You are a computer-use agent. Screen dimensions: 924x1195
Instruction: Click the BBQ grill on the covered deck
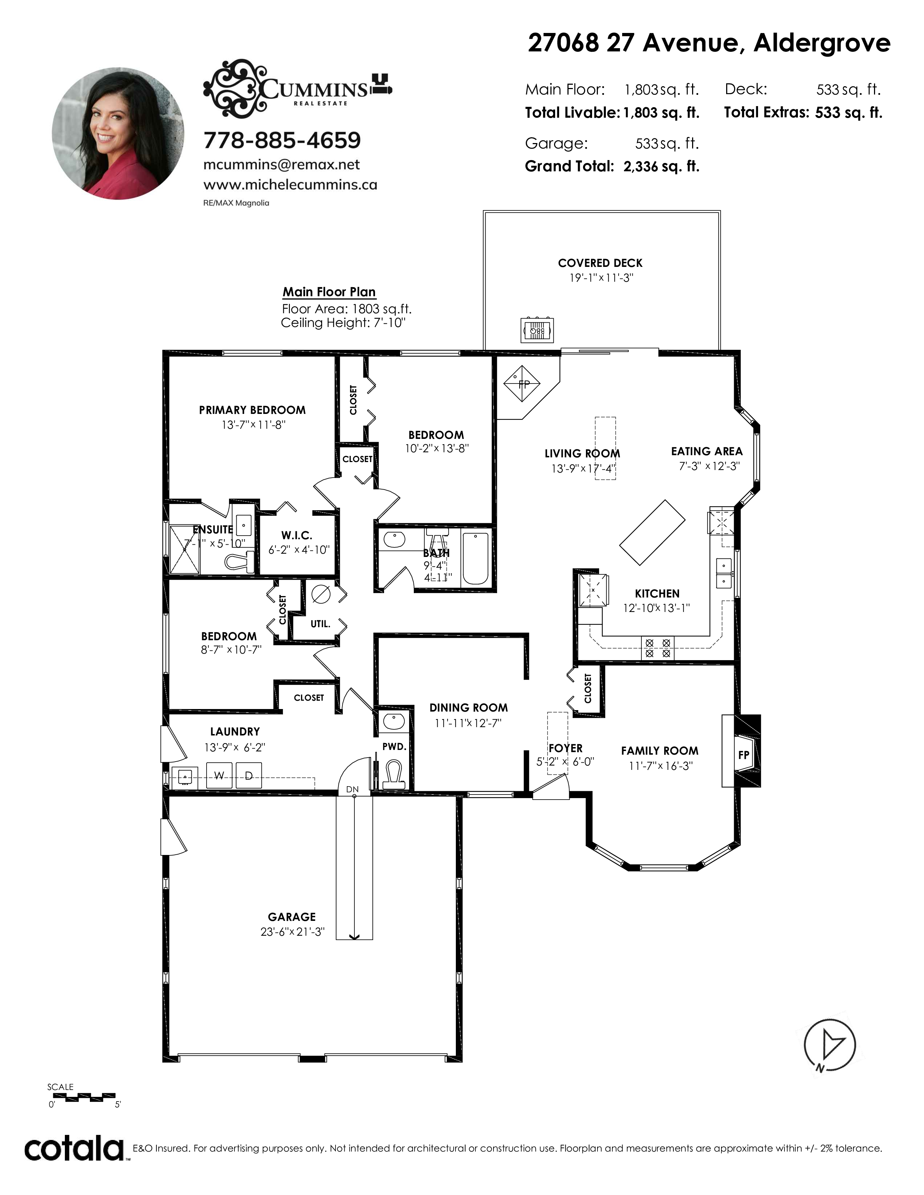(536, 330)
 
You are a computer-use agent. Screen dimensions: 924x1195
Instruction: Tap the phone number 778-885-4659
(282, 141)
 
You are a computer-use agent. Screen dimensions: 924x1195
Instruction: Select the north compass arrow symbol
(829, 1046)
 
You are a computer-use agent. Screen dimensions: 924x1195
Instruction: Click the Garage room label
(292, 917)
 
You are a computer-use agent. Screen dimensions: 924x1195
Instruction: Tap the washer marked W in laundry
(219, 775)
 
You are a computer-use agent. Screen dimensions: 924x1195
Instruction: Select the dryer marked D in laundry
(249, 775)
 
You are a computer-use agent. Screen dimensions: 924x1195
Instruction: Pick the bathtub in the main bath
(476, 558)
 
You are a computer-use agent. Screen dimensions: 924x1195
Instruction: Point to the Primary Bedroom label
(252, 410)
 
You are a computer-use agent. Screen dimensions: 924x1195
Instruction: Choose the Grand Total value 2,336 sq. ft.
(661, 166)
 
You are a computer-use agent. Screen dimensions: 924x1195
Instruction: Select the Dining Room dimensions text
(468, 723)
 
